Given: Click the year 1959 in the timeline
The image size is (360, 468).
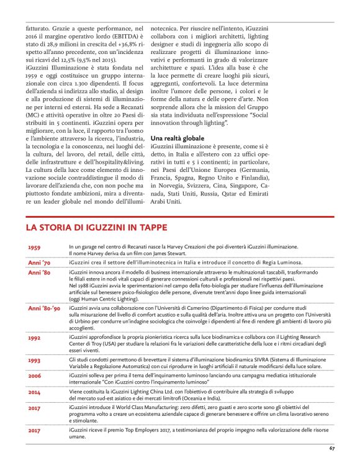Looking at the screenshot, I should pos(35,248).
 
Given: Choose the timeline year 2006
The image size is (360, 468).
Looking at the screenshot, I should pos(35,376).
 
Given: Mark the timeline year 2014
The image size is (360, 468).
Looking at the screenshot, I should pos(35,393).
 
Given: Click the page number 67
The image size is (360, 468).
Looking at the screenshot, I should pos(332,448).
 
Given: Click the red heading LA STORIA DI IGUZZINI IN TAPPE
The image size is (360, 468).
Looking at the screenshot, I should pos(96,228).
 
